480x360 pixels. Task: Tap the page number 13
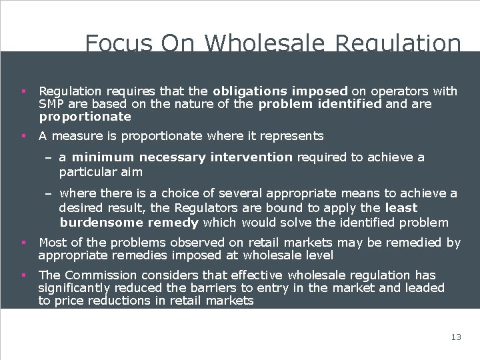(x=456, y=337)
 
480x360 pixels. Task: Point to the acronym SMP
(x=51, y=104)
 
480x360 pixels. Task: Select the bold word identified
(x=350, y=104)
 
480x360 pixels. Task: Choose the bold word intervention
(x=251, y=157)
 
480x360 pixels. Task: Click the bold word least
(x=401, y=208)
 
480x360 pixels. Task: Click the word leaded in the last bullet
(x=425, y=288)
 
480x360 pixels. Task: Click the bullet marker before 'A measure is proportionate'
(x=23, y=136)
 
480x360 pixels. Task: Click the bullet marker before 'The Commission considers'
(x=23, y=275)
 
